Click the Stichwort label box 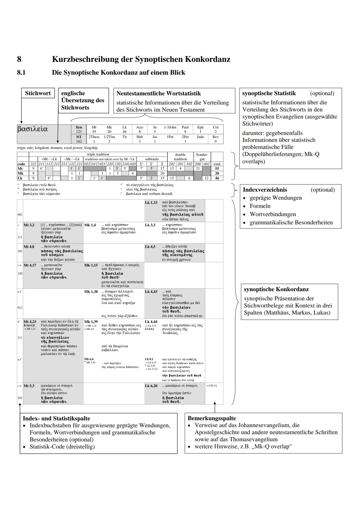38,93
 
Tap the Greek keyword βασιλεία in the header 32,129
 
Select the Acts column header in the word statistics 140,127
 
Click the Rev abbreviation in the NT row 216,137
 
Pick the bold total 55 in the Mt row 217,169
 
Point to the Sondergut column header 202,157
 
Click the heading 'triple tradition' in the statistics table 98,154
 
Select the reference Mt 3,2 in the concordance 29,225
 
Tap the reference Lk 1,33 151,203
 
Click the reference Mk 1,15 91,265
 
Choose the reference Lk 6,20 151,386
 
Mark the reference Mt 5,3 29,386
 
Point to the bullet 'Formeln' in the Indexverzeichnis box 260,206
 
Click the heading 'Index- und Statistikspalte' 56,418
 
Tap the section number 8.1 21,73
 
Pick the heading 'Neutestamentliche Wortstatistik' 159,93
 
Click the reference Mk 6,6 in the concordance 89,359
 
